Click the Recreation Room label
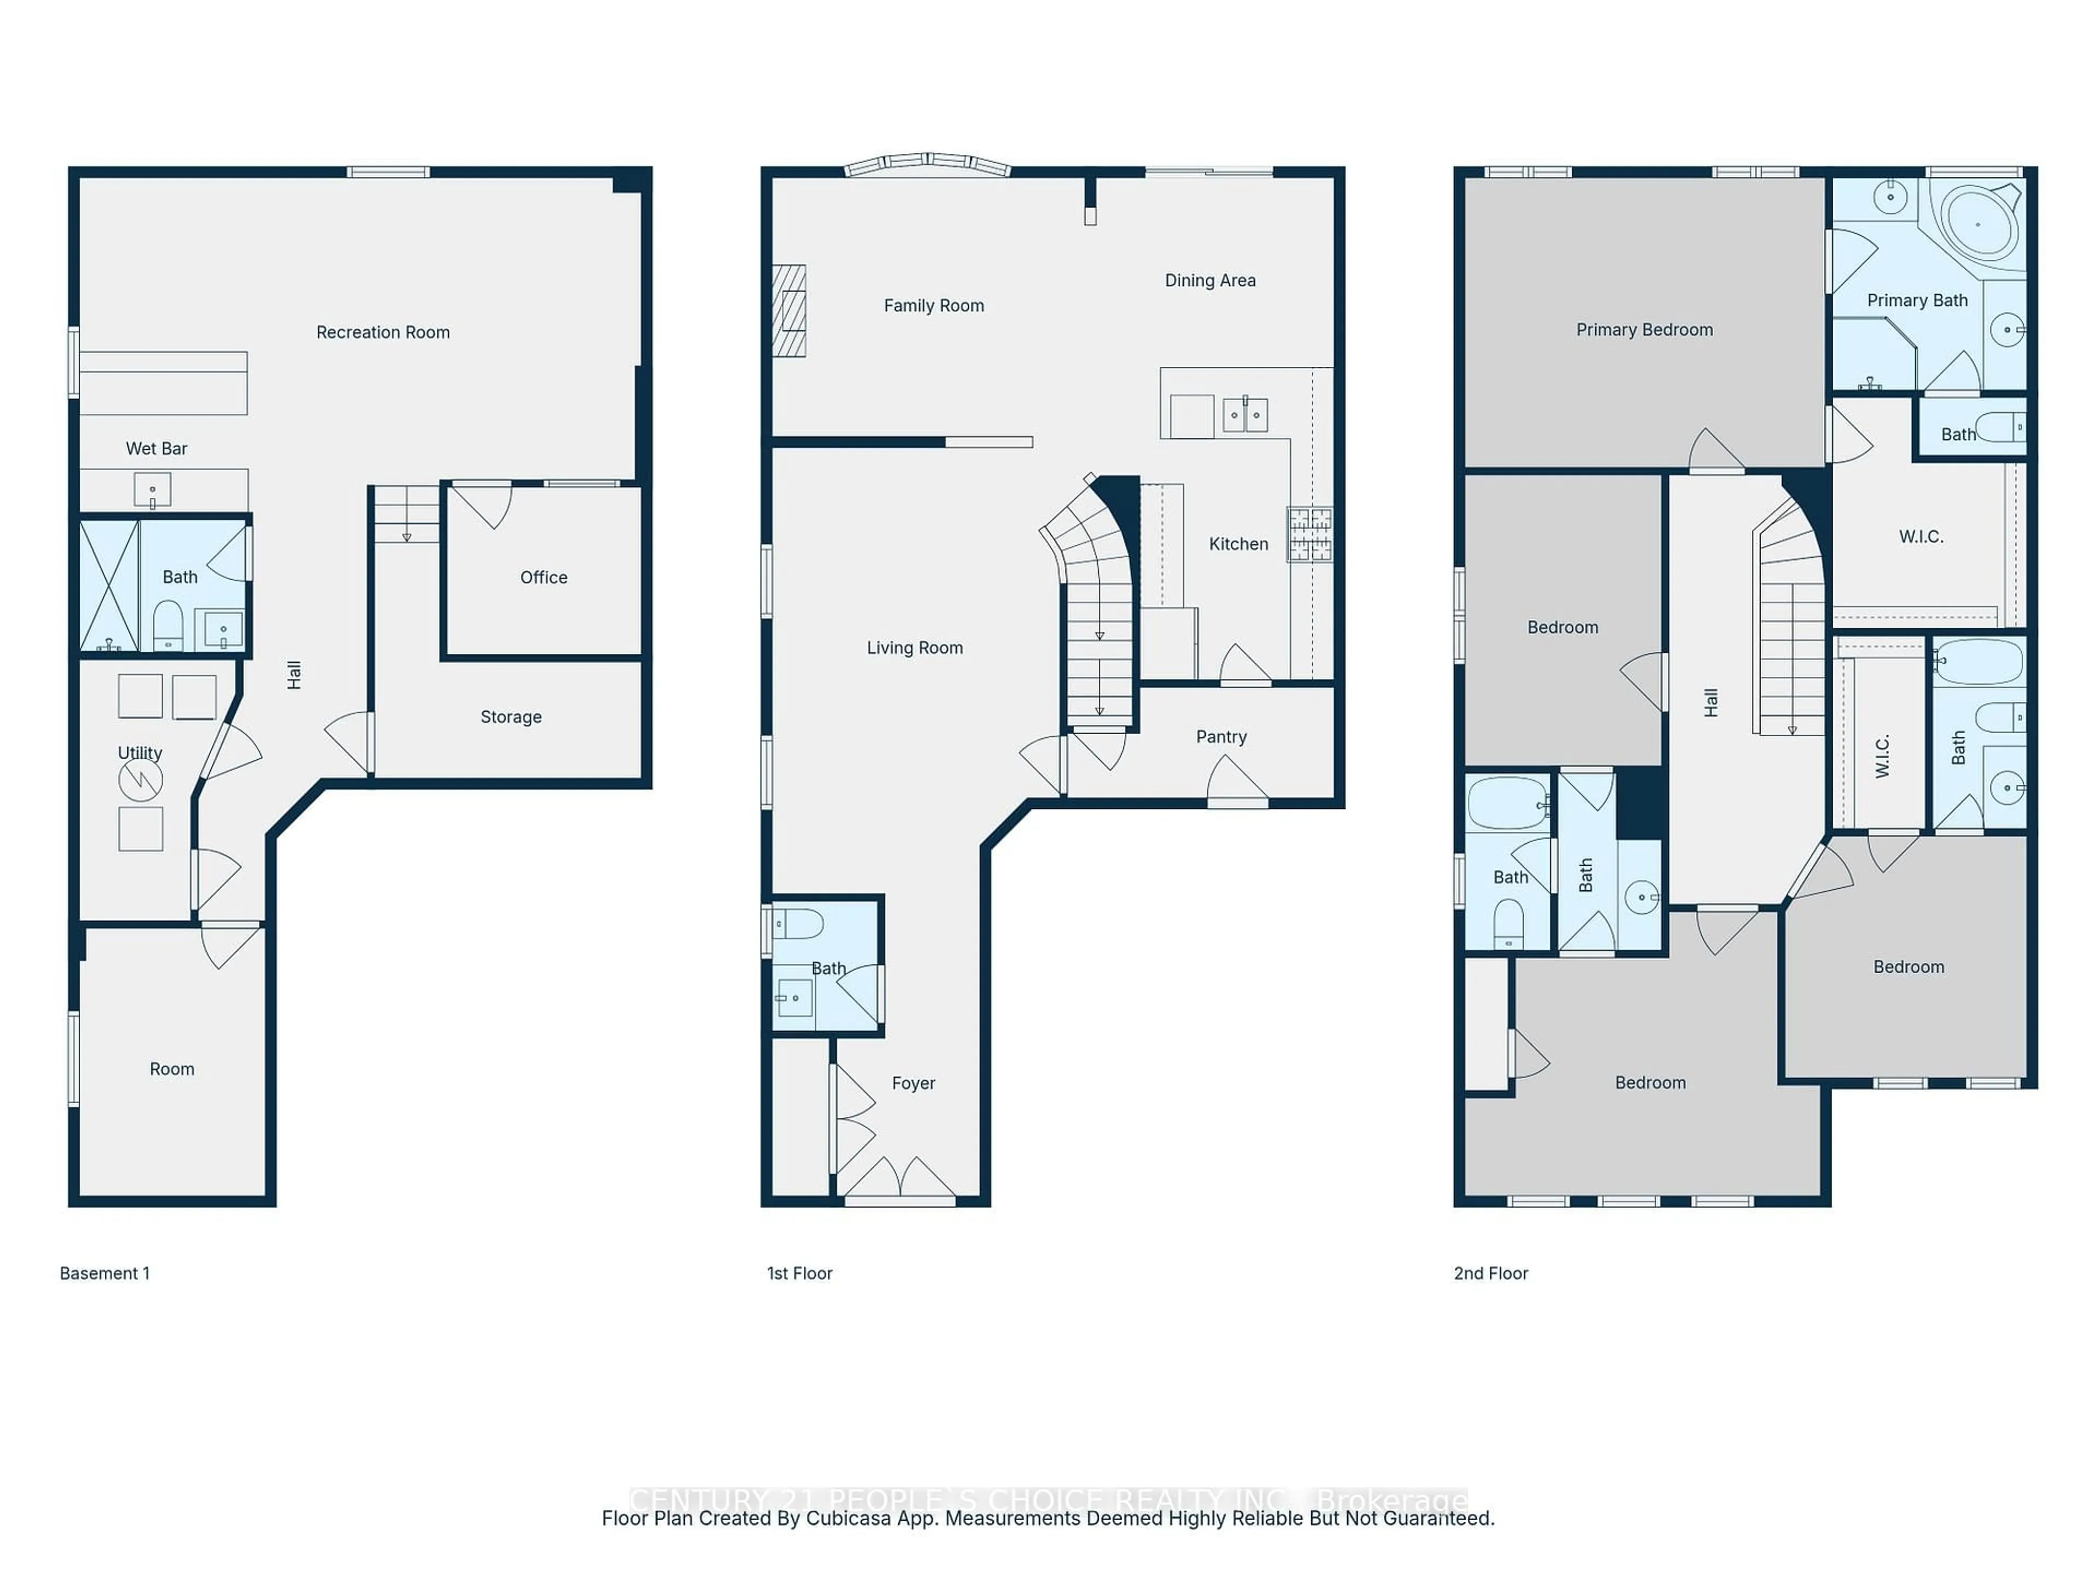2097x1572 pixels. click(x=383, y=332)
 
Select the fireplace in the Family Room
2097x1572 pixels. click(x=789, y=311)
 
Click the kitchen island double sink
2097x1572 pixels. click(x=1245, y=415)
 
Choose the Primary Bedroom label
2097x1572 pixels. click(x=1644, y=330)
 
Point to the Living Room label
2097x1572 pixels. click(x=914, y=648)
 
